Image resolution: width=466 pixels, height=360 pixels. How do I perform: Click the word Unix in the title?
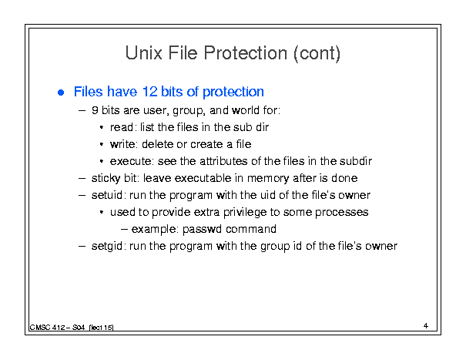(x=144, y=53)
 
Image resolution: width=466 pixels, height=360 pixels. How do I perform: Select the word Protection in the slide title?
(x=246, y=53)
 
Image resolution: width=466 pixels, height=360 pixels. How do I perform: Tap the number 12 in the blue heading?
(x=149, y=91)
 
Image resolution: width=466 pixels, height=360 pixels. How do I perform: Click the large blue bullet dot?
(x=61, y=93)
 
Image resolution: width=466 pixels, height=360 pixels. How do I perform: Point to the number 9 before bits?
(x=95, y=110)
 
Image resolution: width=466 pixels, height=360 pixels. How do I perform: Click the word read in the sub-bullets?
(x=121, y=127)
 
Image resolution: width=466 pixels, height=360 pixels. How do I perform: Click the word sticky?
(x=106, y=179)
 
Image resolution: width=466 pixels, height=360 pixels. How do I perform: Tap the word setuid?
(x=107, y=195)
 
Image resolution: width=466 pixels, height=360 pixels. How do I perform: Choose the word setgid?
(x=107, y=247)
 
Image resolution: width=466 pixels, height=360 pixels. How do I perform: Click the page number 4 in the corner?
(x=426, y=326)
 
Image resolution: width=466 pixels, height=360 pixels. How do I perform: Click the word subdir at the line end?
(x=356, y=161)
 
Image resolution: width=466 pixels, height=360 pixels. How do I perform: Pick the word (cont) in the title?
(x=317, y=53)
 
